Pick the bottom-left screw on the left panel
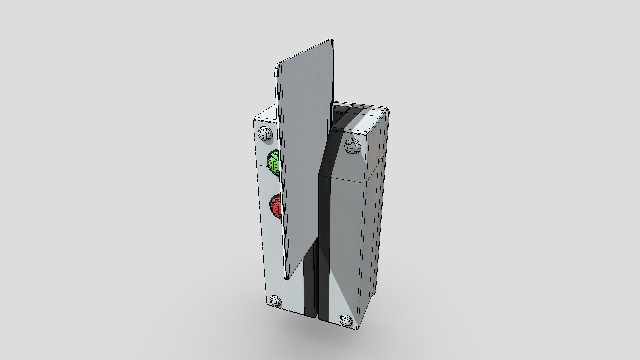tap(275, 301)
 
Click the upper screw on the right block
tap(352, 146)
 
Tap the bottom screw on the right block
tap(346, 320)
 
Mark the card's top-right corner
tap(332, 41)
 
